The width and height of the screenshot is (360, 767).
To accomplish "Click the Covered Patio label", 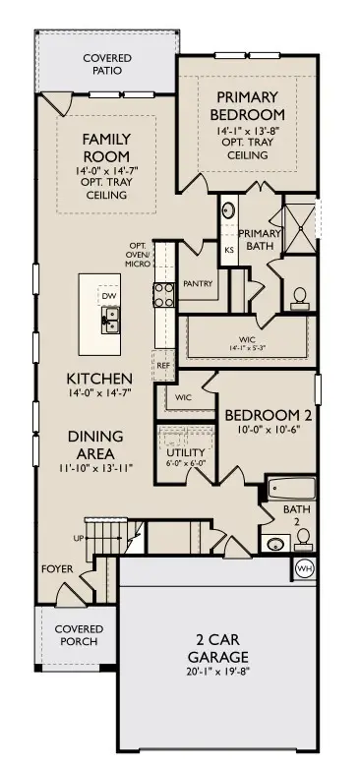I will coord(106,66).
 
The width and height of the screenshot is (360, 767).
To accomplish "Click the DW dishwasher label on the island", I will coord(107,295).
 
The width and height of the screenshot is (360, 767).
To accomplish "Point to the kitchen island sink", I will coord(110,317).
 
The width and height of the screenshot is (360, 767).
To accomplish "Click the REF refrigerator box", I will coord(163,365).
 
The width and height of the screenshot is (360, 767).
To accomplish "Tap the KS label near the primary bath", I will coord(229,250).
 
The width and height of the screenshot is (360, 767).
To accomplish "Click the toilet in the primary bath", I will coord(298,295).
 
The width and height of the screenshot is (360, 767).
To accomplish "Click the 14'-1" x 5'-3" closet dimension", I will coord(247,346).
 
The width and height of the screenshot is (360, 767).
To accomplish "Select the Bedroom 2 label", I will coord(260,415).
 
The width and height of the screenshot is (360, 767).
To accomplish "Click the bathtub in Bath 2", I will coord(291,488).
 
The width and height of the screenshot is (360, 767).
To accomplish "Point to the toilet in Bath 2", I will coord(304,538).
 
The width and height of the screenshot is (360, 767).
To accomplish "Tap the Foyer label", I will coord(55,568).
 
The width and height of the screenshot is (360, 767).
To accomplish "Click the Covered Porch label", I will coord(79,634).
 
